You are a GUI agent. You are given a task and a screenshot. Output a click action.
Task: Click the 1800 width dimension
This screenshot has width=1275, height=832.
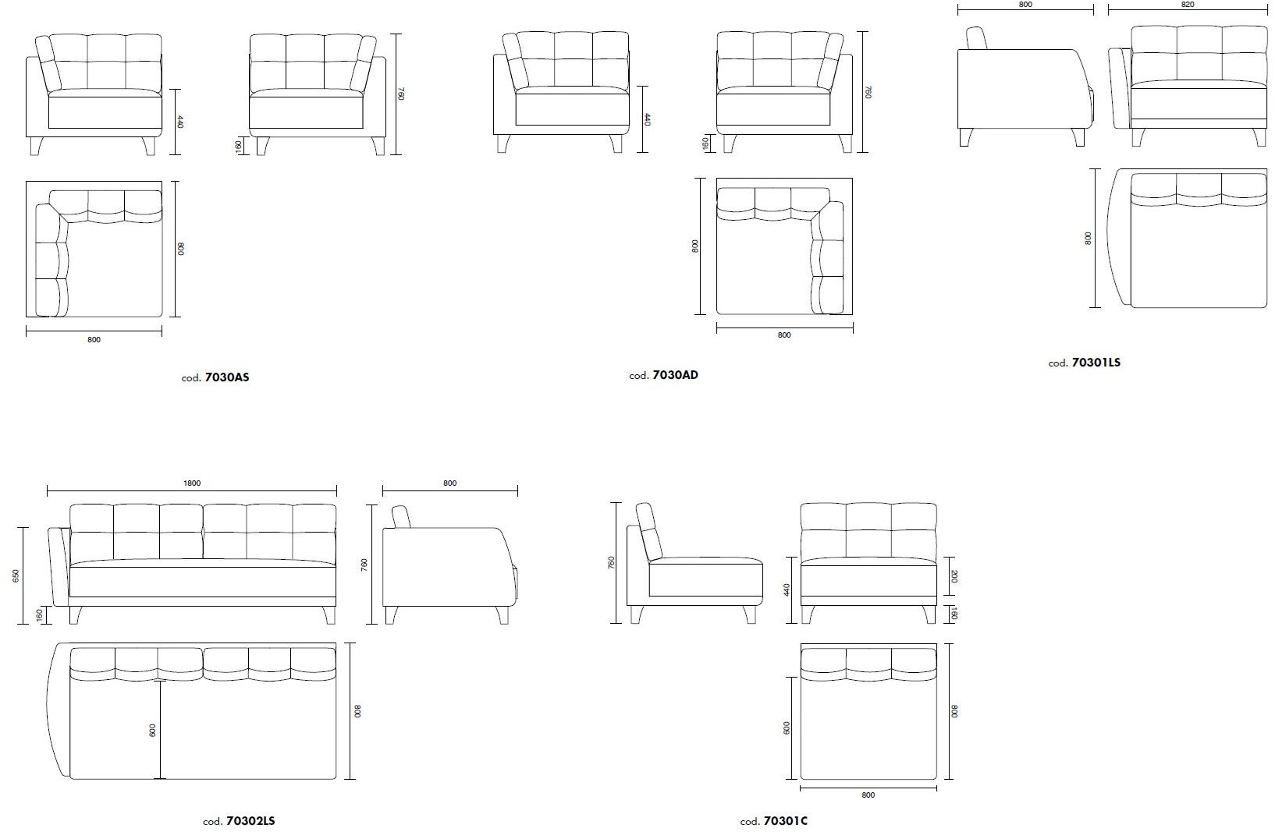point(192,483)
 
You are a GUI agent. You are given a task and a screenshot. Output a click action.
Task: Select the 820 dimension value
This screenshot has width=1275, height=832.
point(1187,5)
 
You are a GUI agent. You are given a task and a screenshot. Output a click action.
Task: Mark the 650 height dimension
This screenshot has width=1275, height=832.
point(16,575)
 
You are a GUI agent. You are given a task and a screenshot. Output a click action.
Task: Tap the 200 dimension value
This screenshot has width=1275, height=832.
point(954,576)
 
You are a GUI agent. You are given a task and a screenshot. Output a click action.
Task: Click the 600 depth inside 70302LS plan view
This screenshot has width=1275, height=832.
point(153,731)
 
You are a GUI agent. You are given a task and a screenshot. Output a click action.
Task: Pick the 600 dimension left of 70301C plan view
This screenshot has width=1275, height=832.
point(787,728)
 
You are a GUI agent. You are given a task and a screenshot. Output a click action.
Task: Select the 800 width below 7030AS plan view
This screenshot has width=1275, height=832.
point(94,340)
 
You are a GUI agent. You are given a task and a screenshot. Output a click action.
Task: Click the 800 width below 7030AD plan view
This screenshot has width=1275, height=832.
point(784,335)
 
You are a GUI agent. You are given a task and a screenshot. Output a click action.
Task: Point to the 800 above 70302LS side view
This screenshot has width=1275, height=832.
point(449,483)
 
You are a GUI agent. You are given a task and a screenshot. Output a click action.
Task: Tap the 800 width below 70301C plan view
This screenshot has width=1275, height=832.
point(868,795)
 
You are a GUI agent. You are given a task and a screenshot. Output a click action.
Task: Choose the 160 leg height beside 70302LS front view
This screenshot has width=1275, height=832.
point(39,615)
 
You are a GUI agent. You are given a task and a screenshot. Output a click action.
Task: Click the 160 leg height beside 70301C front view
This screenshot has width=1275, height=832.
point(954,614)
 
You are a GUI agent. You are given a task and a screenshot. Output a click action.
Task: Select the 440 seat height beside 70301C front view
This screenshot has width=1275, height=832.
point(787,589)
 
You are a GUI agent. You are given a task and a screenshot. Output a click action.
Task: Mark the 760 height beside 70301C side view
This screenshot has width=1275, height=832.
point(611,563)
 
